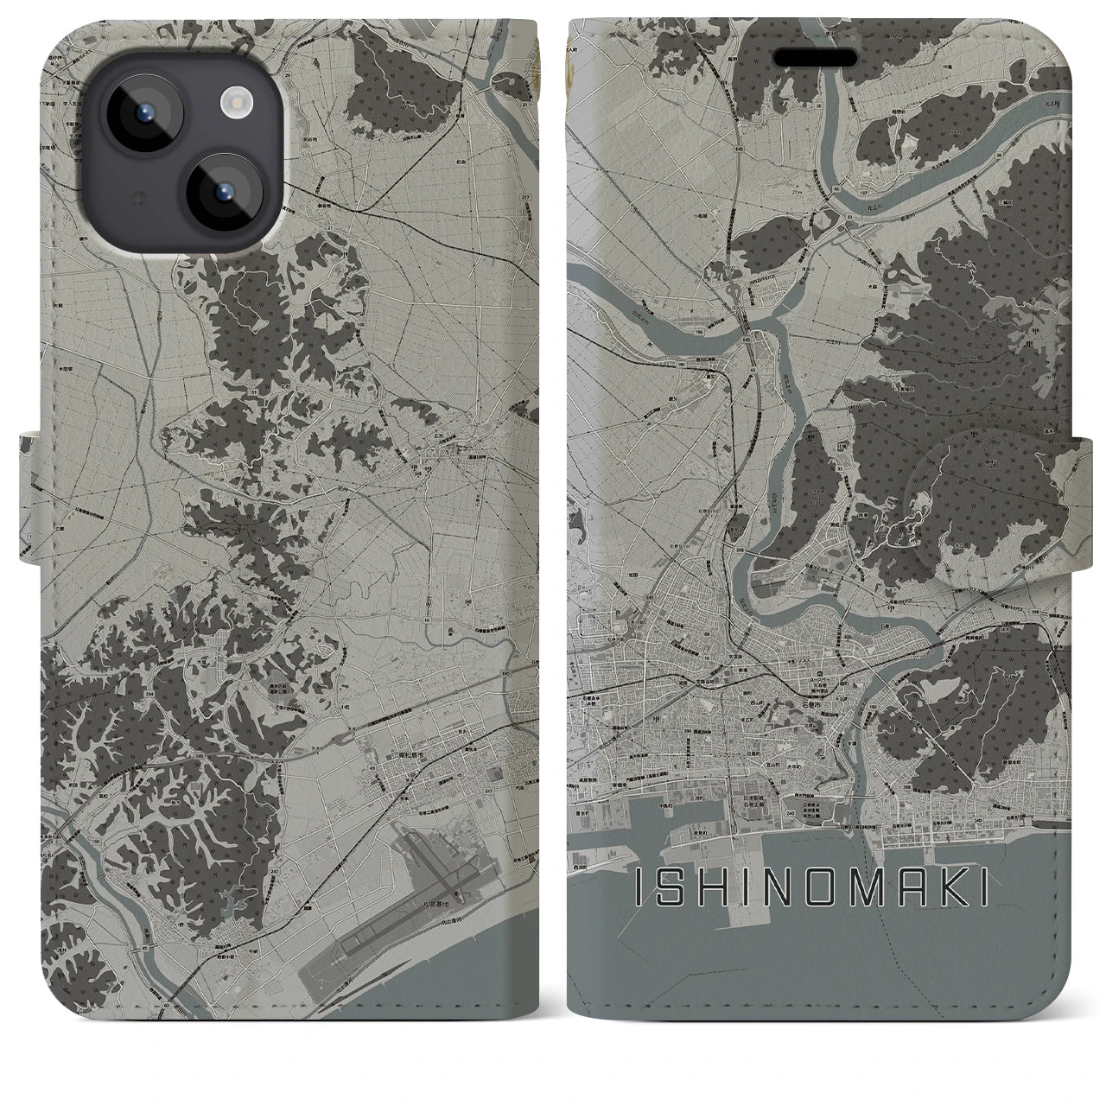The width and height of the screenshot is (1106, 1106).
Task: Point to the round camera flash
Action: pyautogui.click(x=234, y=105)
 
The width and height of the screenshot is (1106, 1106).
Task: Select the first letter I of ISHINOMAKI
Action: pyautogui.click(x=640, y=887)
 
